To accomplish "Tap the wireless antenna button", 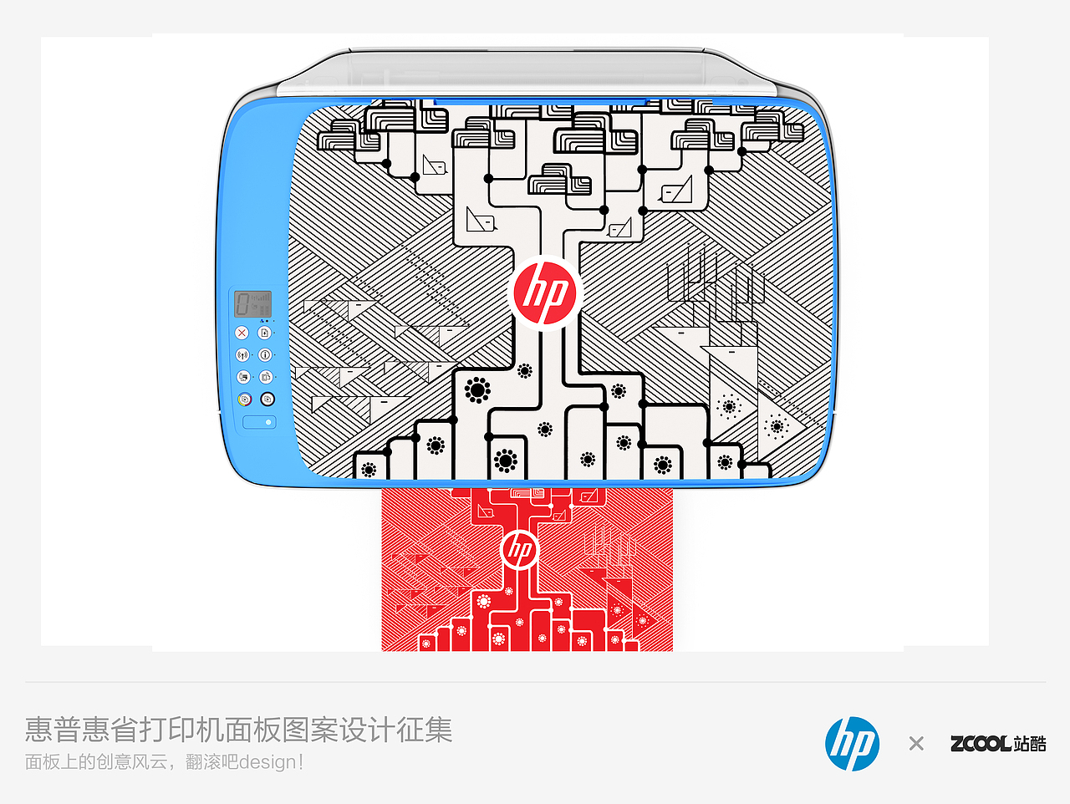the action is (242, 354).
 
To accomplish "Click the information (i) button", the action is (265, 354).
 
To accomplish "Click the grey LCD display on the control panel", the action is (252, 304).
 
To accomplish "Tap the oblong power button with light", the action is (259, 422).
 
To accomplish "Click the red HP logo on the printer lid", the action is (545, 293).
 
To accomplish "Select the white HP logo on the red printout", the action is (520, 550).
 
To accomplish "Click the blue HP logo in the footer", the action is (852, 744).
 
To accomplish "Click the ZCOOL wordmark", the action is (981, 744).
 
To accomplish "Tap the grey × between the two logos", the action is (916, 744).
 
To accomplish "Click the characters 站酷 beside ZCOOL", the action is (1030, 744).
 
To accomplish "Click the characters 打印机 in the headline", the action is (182, 730).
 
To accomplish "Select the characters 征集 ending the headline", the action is (425, 730).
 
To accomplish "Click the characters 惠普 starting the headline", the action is (53, 730).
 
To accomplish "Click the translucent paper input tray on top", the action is (527, 72).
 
